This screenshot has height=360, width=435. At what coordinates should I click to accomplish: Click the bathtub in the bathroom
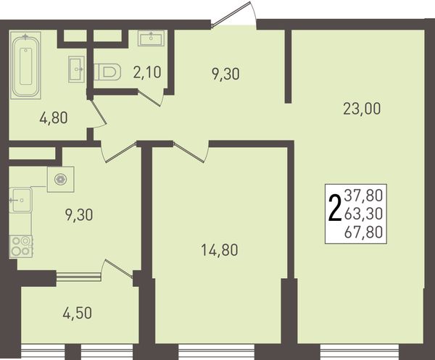pyautogui.click(x=25, y=65)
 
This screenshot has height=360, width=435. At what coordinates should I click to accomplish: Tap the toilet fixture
pyautogui.click(x=107, y=72)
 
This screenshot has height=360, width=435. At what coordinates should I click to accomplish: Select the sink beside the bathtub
pyautogui.click(x=76, y=70)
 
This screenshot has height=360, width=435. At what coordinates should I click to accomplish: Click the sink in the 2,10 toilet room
pyautogui.click(x=152, y=38)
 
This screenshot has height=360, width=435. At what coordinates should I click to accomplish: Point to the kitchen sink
pyautogui.click(x=21, y=200)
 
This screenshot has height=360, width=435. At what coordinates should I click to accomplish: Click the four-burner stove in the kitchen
pyautogui.click(x=21, y=246)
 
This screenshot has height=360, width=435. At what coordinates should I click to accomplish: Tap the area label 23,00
pyautogui.click(x=362, y=109)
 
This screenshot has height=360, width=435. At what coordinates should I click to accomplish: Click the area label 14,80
pyautogui.click(x=219, y=250)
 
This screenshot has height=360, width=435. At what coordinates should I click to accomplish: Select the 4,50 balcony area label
pyautogui.click(x=77, y=314)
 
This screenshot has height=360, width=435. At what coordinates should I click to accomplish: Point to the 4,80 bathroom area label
pyautogui.click(x=54, y=118)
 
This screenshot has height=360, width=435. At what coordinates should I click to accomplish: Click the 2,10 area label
pyautogui.click(x=147, y=72)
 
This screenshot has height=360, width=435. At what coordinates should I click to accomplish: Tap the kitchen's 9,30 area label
pyautogui.click(x=79, y=215)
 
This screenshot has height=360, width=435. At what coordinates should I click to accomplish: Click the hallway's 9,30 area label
pyautogui.click(x=225, y=74)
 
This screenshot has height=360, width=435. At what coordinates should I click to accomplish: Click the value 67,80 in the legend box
pyautogui.click(x=363, y=232)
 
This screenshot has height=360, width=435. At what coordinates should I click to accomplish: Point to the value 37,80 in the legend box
pyautogui.click(x=363, y=195)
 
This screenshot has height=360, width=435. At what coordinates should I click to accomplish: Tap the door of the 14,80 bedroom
pyautogui.click(x=191, y=151)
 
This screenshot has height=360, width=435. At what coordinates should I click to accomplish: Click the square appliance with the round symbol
pyautogui.click(x=60, y=180)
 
